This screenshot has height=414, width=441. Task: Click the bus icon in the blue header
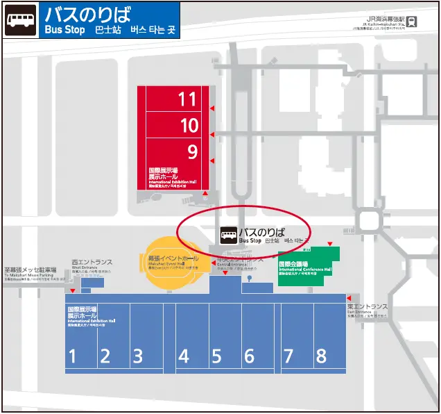[20, 21]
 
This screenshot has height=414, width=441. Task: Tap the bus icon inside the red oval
[228, 235]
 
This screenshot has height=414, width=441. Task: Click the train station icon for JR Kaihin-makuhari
[413, 22]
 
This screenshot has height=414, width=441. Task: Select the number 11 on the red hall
[187, 99]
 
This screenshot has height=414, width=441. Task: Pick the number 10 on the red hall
[189, 126]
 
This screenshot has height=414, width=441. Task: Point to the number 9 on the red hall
[192, 151]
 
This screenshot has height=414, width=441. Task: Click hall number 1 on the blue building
[71, 356]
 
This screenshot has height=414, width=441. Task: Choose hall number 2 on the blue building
[105, 356]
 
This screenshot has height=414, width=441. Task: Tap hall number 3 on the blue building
[138, 356]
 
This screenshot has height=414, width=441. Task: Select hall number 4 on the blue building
[184, 356]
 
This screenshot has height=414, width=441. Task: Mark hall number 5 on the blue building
[216, 356]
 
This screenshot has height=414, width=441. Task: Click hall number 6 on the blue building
[249, 356]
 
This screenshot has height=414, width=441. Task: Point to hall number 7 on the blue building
[288, 356]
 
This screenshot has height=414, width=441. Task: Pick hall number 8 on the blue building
[321, 356]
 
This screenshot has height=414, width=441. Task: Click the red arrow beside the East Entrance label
[349, 297]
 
